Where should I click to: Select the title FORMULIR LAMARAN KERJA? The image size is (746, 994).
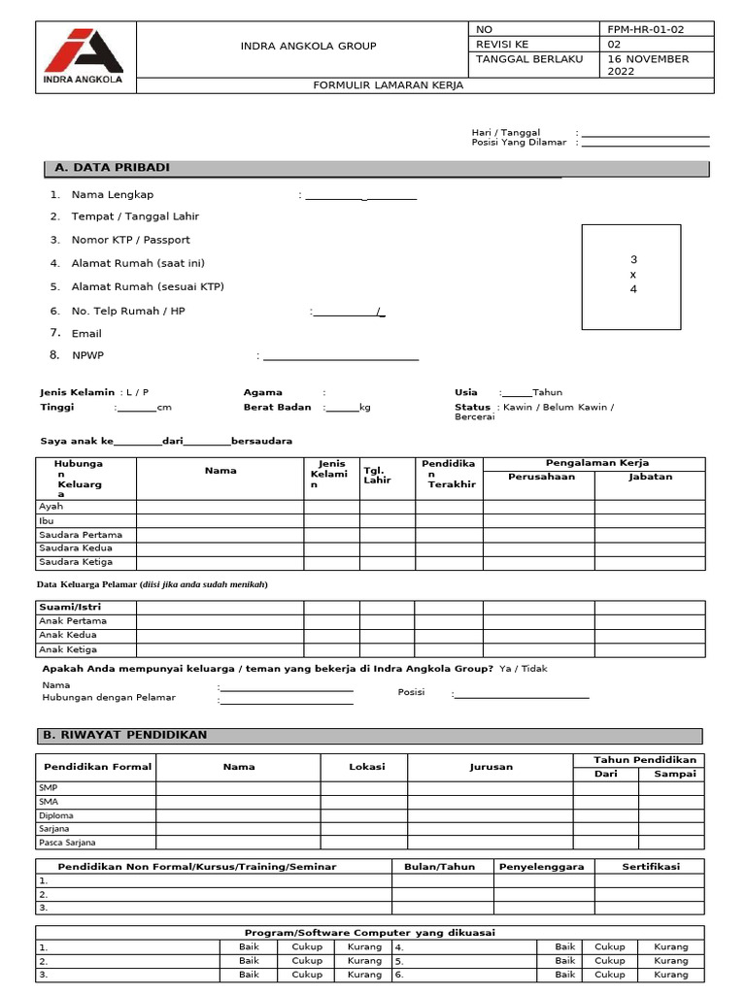click(388, 85)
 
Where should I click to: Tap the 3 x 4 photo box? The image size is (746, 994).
click(633, 276)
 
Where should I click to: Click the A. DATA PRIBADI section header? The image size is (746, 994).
click(113, 168)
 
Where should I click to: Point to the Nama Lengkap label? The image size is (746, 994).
click(113, 195)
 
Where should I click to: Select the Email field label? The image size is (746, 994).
click(86, 333)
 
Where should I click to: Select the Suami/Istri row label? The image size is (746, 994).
click(63, 607)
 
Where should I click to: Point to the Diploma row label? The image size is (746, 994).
click(56, 815)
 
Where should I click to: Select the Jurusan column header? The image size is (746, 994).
click(491, 767)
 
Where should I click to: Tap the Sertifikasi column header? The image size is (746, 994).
click(651, 866)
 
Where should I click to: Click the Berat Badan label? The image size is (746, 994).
click(278, 408)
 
